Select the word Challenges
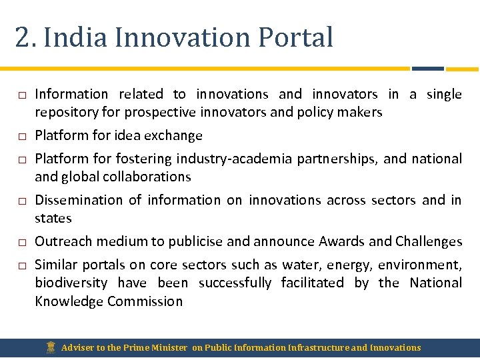point(429,241)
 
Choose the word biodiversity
point(71,283)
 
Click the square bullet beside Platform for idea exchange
point(21,137)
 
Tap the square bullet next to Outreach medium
point(21,243)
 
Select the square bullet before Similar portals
point(21,266)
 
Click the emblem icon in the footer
point(51,347)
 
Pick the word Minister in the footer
point(169,347)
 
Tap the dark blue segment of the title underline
point(427,68)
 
